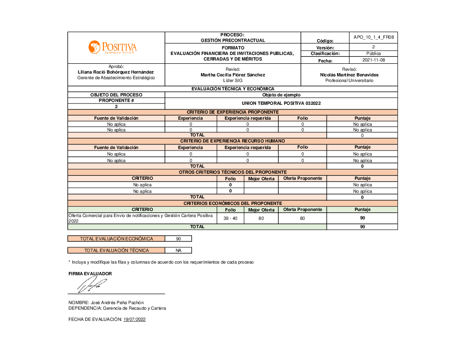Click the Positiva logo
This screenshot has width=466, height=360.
point(112,47)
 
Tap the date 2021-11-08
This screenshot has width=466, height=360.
point(374,60)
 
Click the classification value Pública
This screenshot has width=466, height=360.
point(374,54)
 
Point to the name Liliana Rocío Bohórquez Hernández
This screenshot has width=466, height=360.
point(116,72)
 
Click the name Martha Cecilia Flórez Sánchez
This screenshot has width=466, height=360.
point(233,75)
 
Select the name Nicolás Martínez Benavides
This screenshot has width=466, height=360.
point(349,75)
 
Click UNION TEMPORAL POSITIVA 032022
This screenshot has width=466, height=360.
point(281,103)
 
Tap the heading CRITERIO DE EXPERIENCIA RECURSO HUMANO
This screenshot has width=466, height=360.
point(233,141)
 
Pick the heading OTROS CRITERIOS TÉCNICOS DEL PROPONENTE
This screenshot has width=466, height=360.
point(233,172)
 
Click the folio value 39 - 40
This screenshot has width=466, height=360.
point(230,218)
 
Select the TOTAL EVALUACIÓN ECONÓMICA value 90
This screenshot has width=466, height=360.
point(178,238)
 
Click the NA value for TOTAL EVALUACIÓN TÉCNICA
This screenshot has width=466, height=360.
point(178,250)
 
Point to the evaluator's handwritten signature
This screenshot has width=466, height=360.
point(92,284)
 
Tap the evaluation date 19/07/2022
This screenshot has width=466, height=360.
point(135,319)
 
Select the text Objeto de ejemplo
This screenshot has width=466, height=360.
point(281,95)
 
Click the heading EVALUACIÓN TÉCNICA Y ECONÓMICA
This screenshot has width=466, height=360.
point(233,88)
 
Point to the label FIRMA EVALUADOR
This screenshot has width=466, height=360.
point(90,273)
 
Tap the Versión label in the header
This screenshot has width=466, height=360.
point(325,48)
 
